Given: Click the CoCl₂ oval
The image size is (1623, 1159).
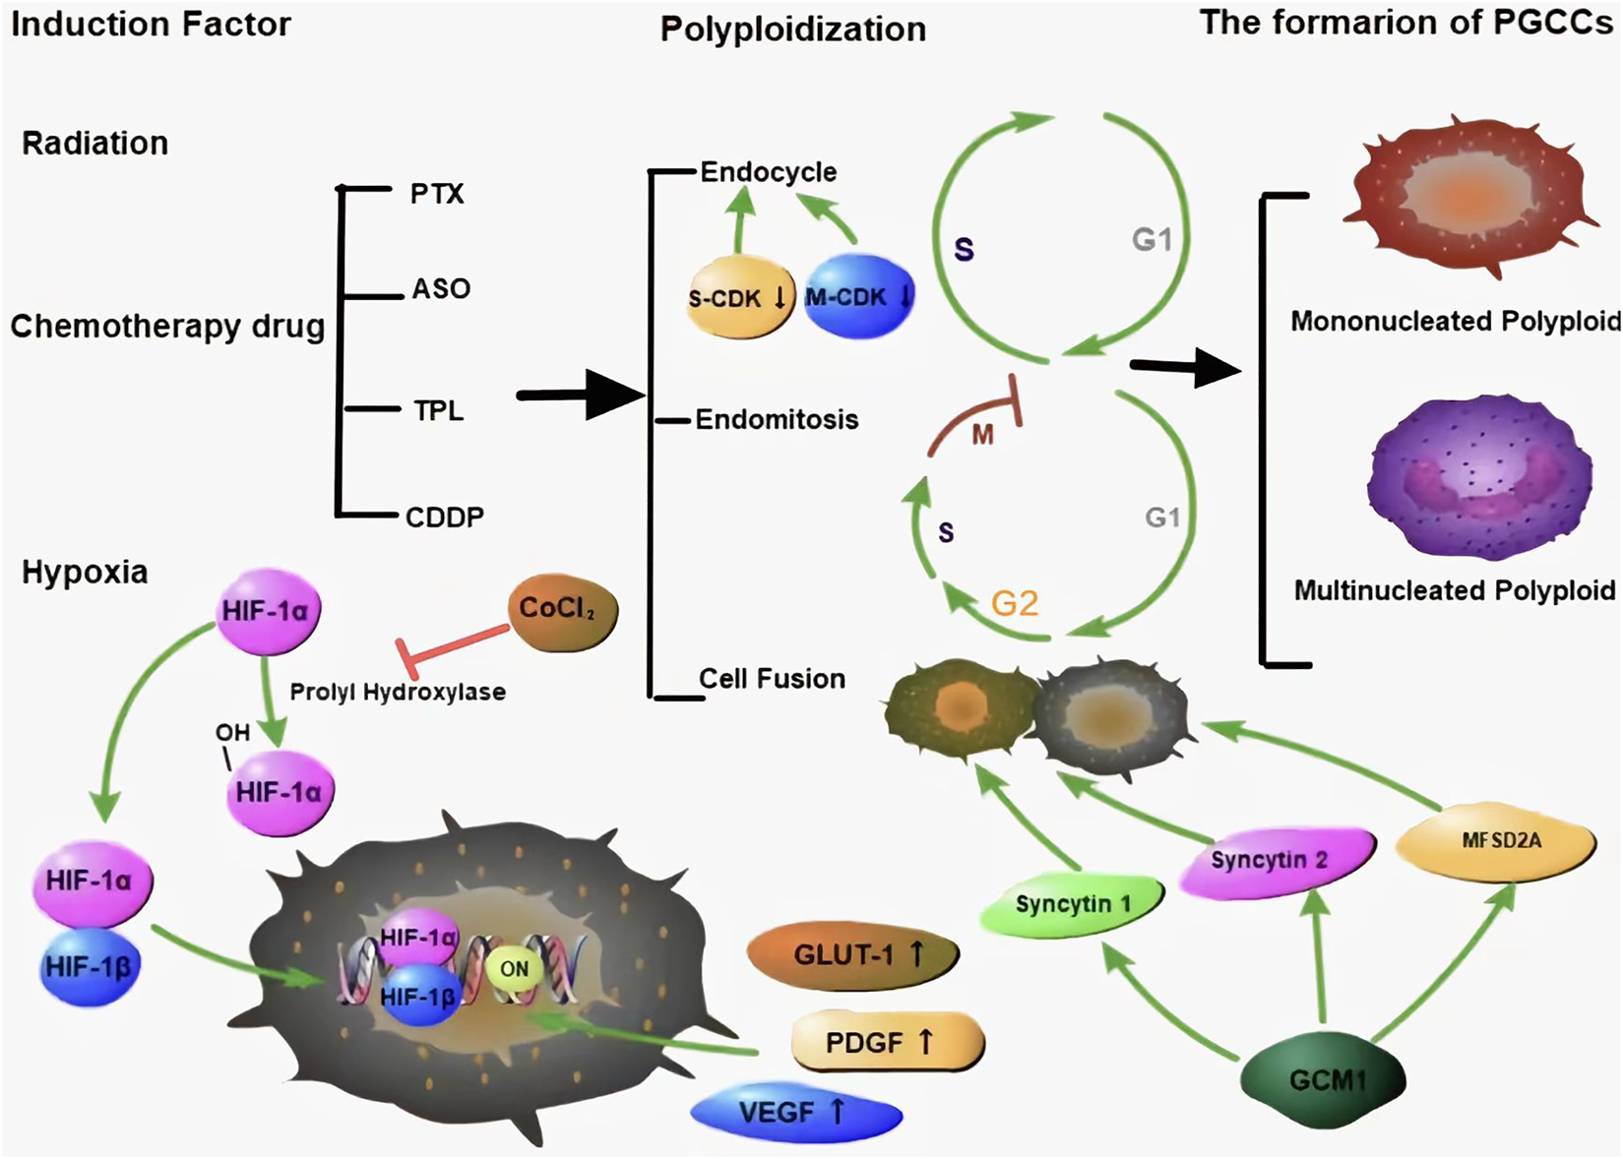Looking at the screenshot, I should [x=562, y=612].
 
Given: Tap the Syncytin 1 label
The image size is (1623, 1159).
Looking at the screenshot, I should [x=1073, y=903].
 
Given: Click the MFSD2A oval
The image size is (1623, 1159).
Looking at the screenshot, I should [x=1496, y=842].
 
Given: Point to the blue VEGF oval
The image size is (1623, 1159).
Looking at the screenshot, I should [x=795, y=1113].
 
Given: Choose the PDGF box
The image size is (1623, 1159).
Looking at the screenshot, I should [x=886, y=1042].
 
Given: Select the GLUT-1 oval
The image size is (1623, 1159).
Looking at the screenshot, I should [x=852, y=954].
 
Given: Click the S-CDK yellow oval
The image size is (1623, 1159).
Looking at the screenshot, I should [x=738, y=297].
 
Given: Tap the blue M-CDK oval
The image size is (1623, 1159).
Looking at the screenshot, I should [x=858, y=296].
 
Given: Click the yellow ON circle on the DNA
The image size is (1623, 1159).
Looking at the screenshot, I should [x=514, y=969].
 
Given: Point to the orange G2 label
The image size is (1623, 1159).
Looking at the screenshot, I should [x=1014, y=602].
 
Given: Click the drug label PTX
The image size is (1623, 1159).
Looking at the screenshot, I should [x=437, y=194].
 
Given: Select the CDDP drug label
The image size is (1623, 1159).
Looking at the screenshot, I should [x=445, y=517].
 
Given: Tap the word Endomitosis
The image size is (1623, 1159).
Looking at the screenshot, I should [x=777, y=420].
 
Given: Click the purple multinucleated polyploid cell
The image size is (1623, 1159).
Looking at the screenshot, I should [x=1478, y=479].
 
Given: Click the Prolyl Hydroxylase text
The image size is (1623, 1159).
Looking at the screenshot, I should [x=398, y=692].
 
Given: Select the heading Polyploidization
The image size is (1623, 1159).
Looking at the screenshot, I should [x=793, y=30].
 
